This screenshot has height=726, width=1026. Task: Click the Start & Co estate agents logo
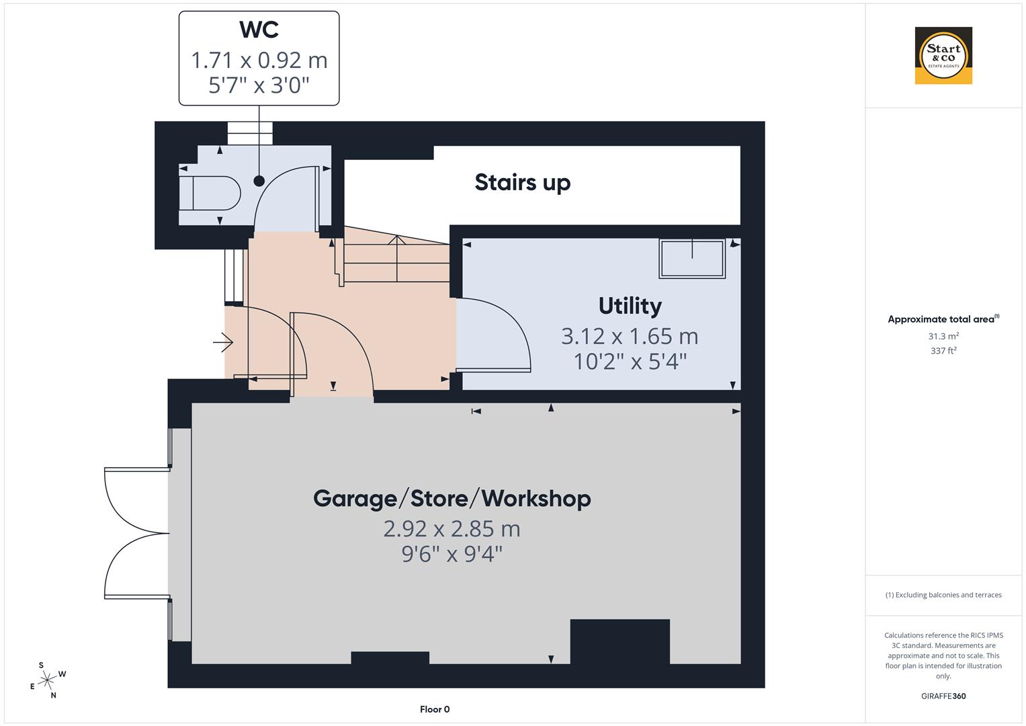point(943,56)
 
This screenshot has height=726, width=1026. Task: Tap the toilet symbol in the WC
point(210,194)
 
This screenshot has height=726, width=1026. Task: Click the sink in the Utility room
point(692,258)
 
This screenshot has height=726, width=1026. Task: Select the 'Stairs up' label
point(522,182)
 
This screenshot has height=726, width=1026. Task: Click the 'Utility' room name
point(630,306)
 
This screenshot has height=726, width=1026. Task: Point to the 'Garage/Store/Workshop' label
point(452,498)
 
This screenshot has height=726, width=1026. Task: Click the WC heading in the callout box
point(259,30)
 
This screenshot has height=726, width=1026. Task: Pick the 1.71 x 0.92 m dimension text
point(259,61)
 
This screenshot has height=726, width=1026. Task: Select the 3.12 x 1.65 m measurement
point(630,335)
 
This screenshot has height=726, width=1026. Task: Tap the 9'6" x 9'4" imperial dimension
point(452,555)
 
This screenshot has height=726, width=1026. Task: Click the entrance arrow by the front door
point(223,344)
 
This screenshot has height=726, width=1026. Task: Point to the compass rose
point(48,680)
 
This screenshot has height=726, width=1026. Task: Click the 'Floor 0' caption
point(434,709)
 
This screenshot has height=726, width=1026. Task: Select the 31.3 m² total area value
point(943,336)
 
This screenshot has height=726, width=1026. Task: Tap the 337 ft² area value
point(943,350)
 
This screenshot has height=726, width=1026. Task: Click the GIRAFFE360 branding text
point(943,696)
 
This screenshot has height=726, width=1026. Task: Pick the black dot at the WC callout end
point(259,181)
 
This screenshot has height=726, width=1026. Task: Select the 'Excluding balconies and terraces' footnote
point(943,595)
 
